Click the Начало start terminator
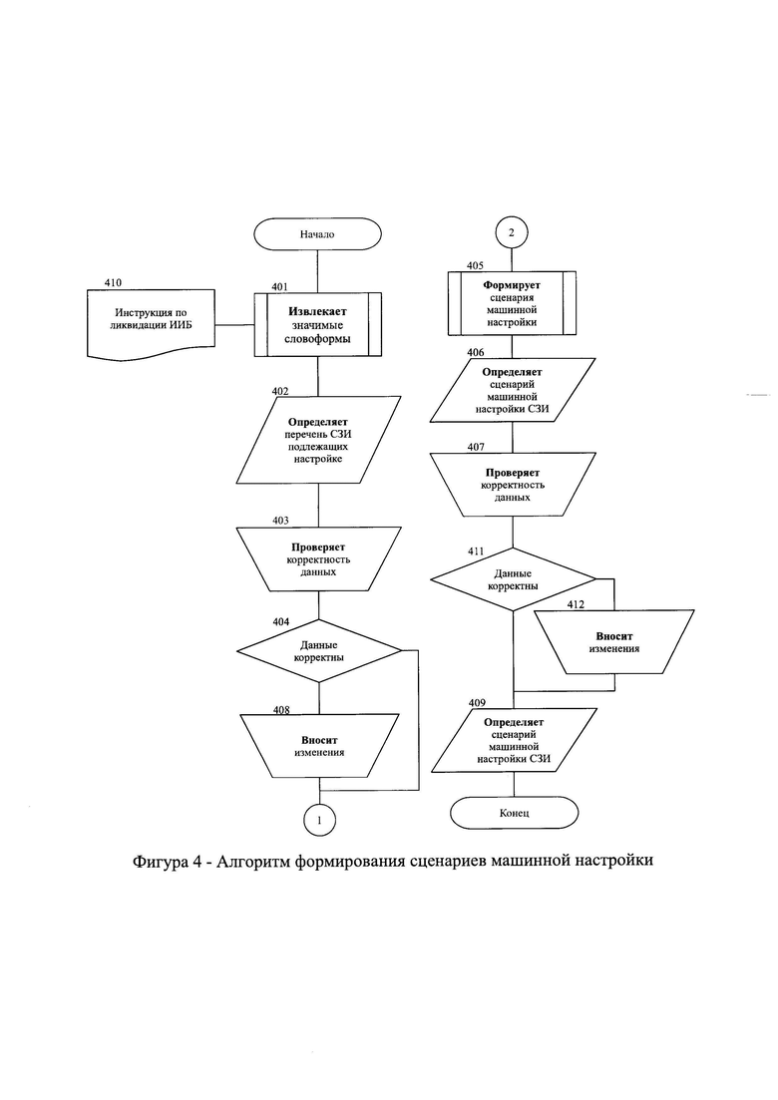[x=317, y=233]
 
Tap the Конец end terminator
[x=515, y=813]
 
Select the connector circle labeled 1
[x=320, y=820]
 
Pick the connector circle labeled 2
[x=512, y=233]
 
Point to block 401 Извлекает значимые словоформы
[x=318, y=325]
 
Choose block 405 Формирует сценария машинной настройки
[x=512, y=303]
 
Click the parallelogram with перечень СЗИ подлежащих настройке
[x=318, y=440]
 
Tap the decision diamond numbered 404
[x=319, y=651]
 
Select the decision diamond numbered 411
[x=513, y=579]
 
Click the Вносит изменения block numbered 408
[x=319, y=746]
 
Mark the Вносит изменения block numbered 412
[x=614, y=642]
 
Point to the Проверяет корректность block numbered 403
[x=319, y=559]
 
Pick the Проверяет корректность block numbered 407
[x=513, y=485]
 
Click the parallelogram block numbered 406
[x=513, y=390]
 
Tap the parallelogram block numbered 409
[x=515, y=740]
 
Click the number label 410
[x=113, y=282]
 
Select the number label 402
[x=280, y=391]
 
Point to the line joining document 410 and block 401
[x=234, y=325]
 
